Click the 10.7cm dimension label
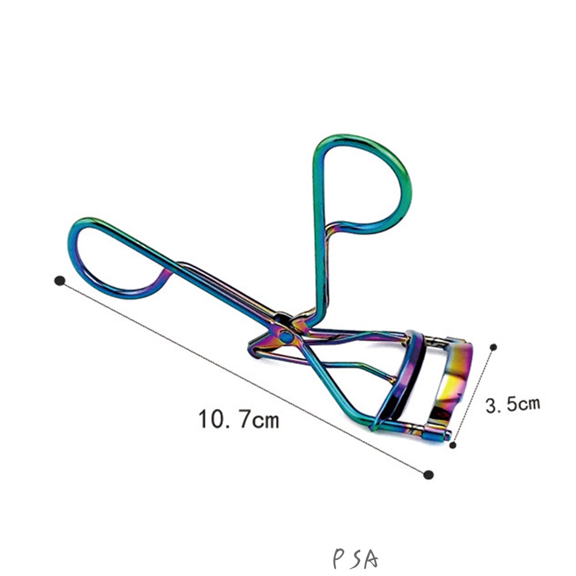tap(239, 419)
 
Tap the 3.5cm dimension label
tap(513, 405)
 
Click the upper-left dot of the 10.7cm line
tap(59, 281)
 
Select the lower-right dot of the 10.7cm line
tap(428, 475)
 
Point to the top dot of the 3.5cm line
tap(494, 347)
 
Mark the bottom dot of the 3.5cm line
tap(453, 445)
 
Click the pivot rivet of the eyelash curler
tap(286, 335)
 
